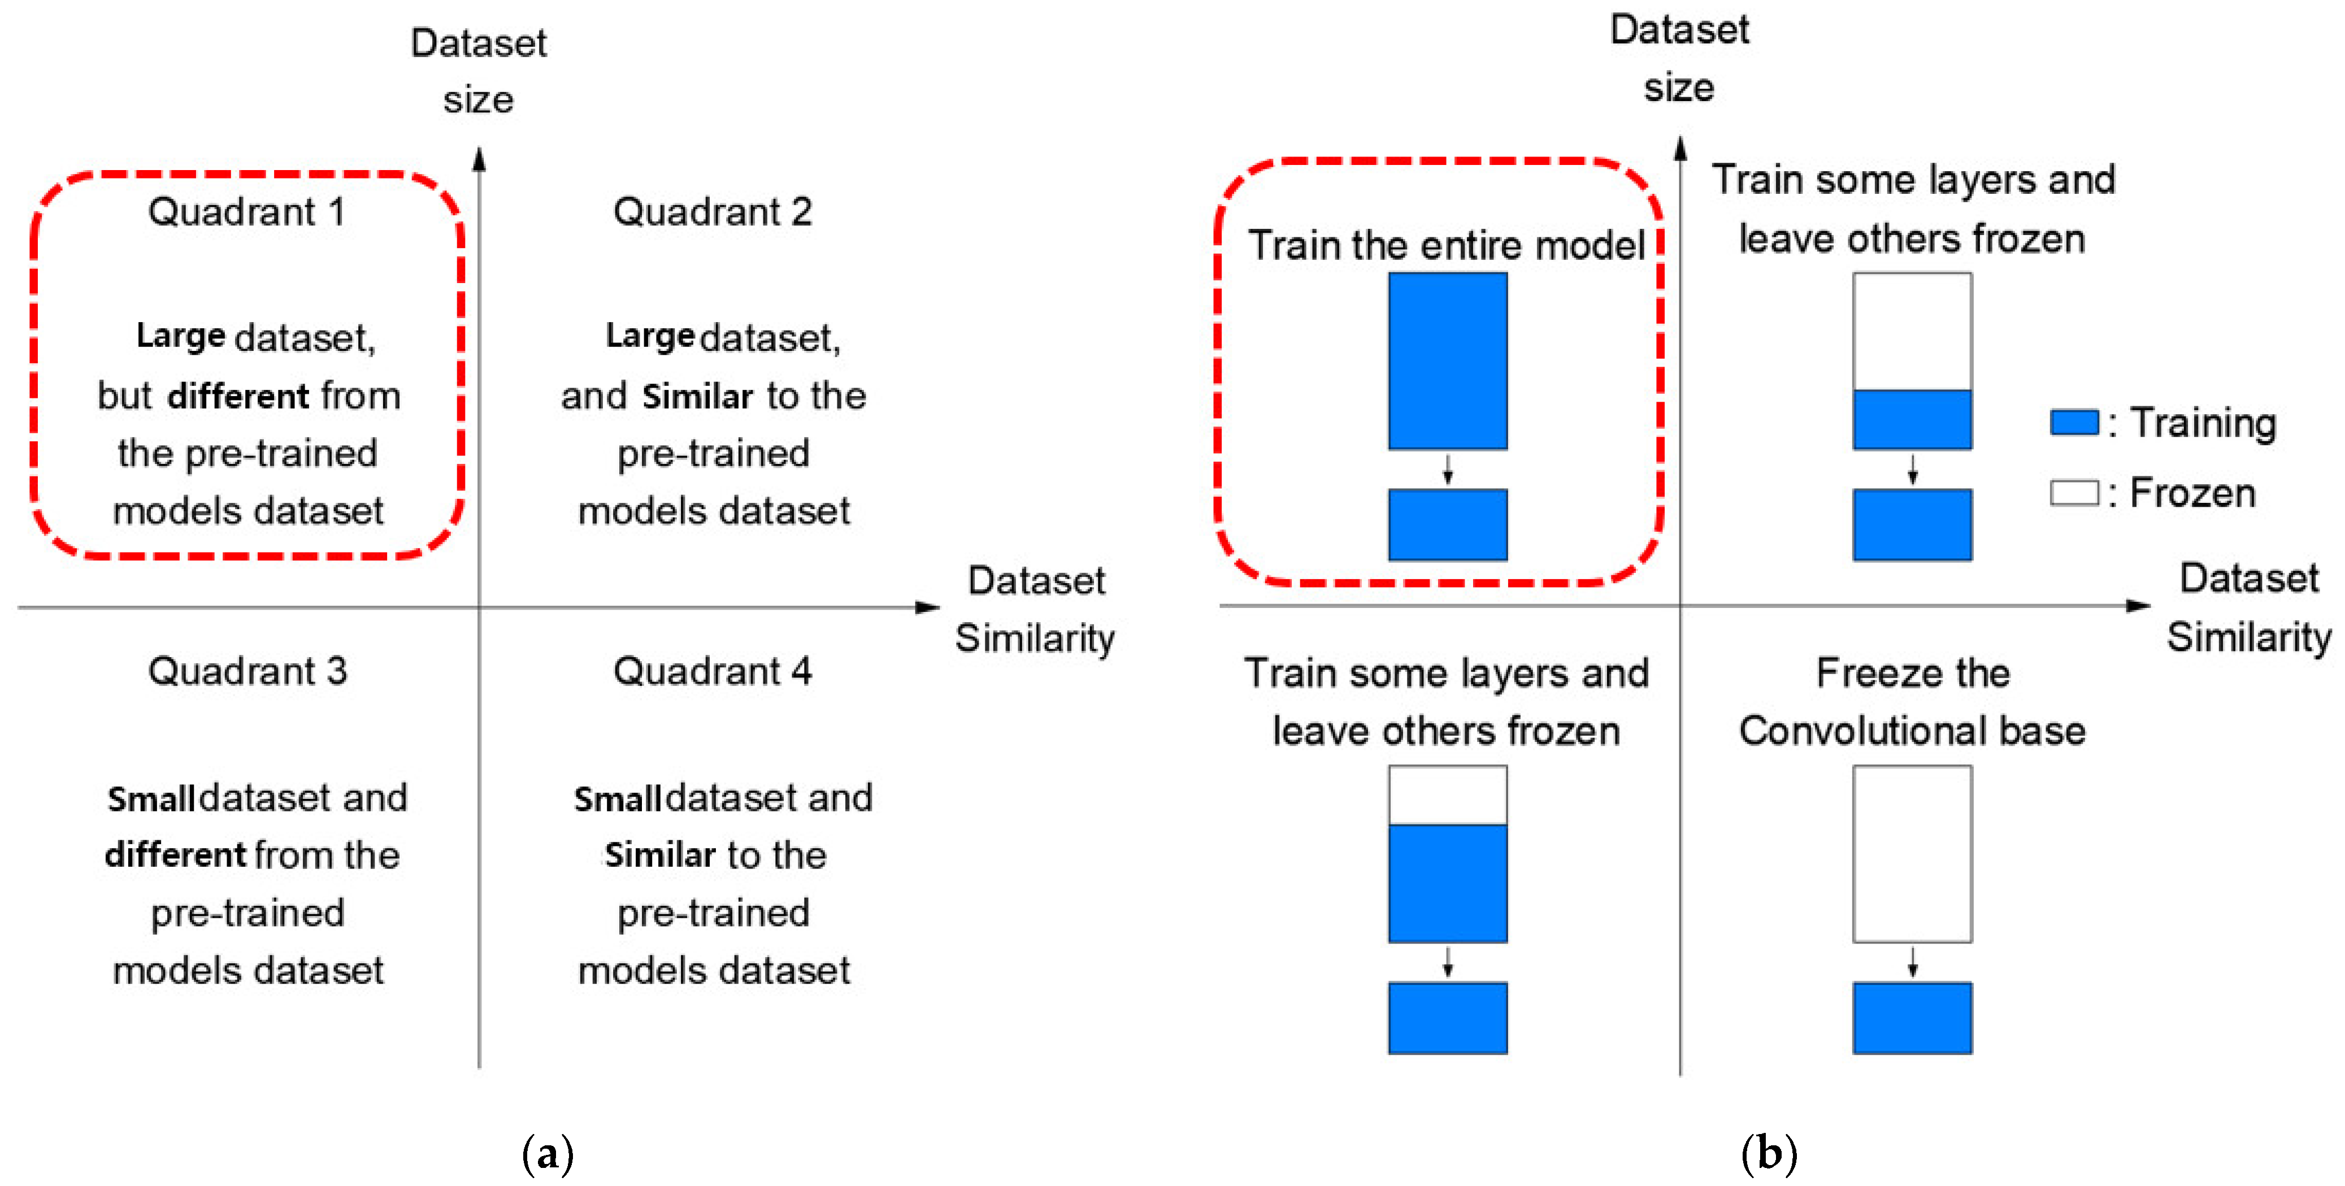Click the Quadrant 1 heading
pyautogui.click(x=247, y=212)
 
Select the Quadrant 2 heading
pyautogui.click(x=713, y=212)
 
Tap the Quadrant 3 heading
pyautogui.click(x=247, y=672)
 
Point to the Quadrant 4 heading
pyautogui.click(x=713, y=672)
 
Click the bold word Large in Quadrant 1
pyautogui.click(x=180, y=336)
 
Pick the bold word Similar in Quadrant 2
pyautogui.click(x=697, y=397)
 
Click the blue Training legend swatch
pyautogui.click(x=2074, y=422)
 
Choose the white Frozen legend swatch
pyautogui.click(x=2074, y=492)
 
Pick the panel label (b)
pyautogui.click(x=1769, y=1154)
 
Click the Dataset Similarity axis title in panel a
pyautogui.click(x=1035, y=609)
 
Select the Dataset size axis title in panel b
pyautogui.click(x=1679, y=58)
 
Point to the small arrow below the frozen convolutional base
pyautogui.click(x=1913, y=962)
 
